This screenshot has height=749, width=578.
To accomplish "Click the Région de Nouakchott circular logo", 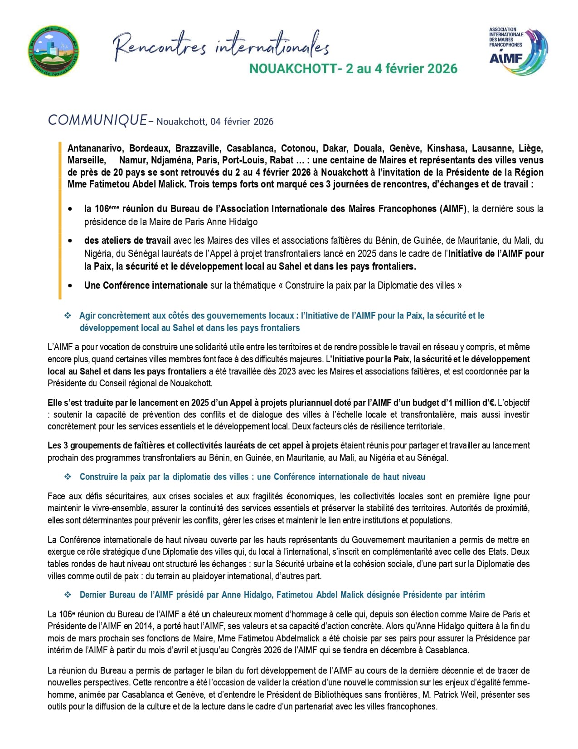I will (53, 51).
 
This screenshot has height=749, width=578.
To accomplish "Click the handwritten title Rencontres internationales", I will (221, 45).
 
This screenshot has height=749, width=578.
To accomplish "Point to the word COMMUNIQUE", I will (97, 120).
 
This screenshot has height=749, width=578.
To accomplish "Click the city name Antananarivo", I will (95, 148).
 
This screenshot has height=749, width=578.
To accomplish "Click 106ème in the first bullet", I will (107, 209).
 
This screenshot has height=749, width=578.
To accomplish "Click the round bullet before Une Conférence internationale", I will (70, 286).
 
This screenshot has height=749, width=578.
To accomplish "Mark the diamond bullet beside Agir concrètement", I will (68, 315).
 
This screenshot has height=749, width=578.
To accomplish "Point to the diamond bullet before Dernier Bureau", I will (68, 595).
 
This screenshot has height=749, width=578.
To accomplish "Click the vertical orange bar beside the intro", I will (60, 220).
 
